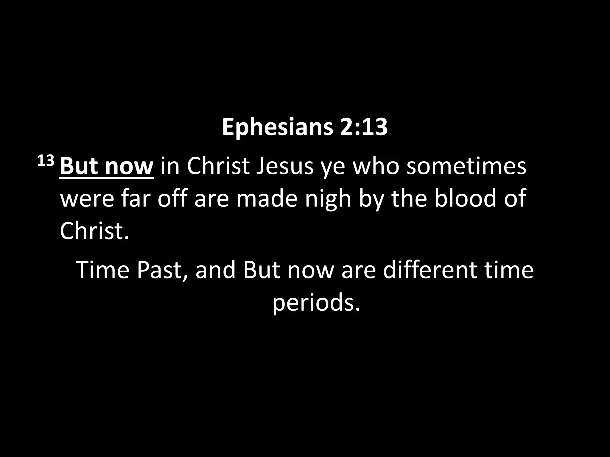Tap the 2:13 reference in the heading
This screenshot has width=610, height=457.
363,127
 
